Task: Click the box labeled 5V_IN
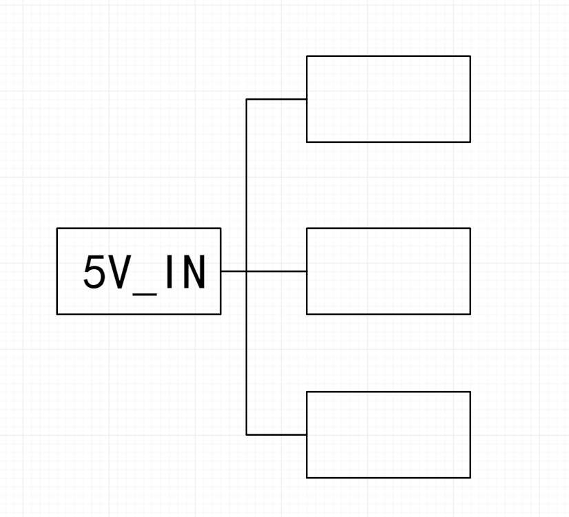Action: pyautogui.click(x=138, y=271)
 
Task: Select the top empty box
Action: pyautogui.click(x=388, y=99)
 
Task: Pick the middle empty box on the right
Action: pyautogui.click(x=388, y=271)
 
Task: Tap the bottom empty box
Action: pyautogui.click(x=388, y=434)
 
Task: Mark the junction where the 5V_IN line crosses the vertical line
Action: pyautogui.click(x=247, y=271)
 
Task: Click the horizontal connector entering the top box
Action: pyautogui.click(x=276, y=99)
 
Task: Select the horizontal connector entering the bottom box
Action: pyautogui.click(x=276, y=434)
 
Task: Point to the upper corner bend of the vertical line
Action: pyautogui.click(x=247, y=99)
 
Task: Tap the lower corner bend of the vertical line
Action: pyautogui.click(x=247, y=434)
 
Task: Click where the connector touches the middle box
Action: pyautogui.click(x=307, y=271)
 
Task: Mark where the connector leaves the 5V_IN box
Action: pyautogui.click(x=220, y=271)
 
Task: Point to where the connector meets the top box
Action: pyautogui.click(x=307, y=99)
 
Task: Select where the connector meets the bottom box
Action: pyautogui.click(x=307, y=434)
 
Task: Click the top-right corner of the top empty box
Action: pyautogui.click(x=470, y=56)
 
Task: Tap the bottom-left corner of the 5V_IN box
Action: pyautogui.click(x=57, y=314)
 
